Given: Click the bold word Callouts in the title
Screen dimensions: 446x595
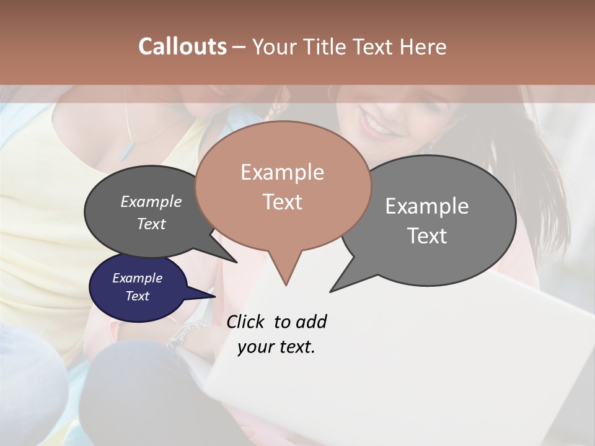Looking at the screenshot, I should (x=182, y=46).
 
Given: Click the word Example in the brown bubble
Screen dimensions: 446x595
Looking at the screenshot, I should (x=282, y=172).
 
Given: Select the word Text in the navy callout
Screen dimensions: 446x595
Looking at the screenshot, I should (x=138, y=296).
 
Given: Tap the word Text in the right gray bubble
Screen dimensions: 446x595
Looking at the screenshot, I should (x=427, y=236).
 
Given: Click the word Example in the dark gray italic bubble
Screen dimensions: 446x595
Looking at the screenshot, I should (x=151, y=201).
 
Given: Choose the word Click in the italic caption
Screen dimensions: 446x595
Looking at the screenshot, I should (x=247, y=321).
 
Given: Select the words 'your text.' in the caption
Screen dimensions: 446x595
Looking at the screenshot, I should (x=276, y=347).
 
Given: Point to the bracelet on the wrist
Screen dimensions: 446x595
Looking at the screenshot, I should (x=183, y=334).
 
